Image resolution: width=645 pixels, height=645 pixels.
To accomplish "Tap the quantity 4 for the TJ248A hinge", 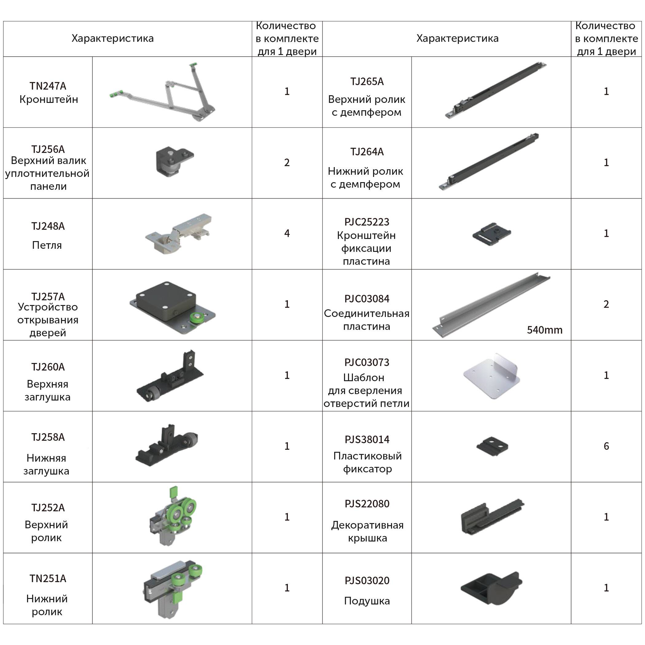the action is coord(287,233).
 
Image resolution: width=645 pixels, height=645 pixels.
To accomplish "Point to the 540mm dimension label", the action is coord(545,330).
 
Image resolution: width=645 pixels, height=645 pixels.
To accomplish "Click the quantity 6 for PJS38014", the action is coord(606,446).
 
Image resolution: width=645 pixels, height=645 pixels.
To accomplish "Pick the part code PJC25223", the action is coord(366,222).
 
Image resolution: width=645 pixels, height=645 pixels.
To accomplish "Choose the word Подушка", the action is coord(367,601).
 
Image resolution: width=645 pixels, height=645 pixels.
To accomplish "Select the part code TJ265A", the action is coord(366,81).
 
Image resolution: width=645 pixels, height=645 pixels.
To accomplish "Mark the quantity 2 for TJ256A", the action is coord(287,162).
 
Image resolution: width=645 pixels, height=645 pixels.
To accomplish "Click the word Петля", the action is coord(47,245).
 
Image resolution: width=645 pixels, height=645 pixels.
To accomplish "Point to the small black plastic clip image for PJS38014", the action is coord(492,446).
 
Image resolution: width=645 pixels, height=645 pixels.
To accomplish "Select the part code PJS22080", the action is coord(367,503).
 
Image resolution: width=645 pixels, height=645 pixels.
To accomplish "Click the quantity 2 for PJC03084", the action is coord(606,304).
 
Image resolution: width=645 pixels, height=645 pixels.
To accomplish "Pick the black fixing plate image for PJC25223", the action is coord(492,234).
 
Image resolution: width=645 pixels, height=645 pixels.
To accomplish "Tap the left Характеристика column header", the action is coord(112,38).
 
